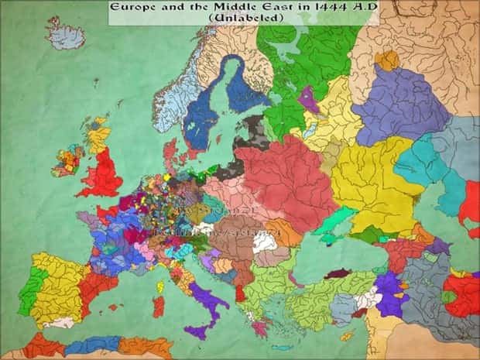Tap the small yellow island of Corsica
click(x=160, y=286)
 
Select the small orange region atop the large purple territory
click(x=386, y=60)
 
